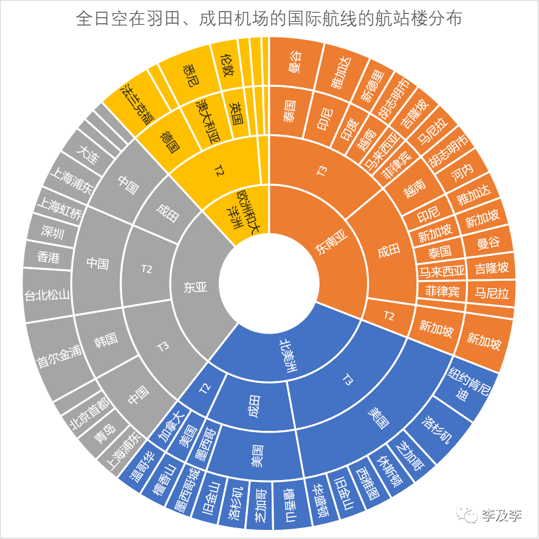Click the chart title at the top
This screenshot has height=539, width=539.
269,19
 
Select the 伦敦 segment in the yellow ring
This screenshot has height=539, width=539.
226,62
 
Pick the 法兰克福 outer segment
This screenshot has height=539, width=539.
137,103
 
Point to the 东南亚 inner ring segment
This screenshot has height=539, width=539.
331,247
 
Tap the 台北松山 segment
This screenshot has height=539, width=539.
47,296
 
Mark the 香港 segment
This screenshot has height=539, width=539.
48,258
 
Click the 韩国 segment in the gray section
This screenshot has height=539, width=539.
105,338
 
